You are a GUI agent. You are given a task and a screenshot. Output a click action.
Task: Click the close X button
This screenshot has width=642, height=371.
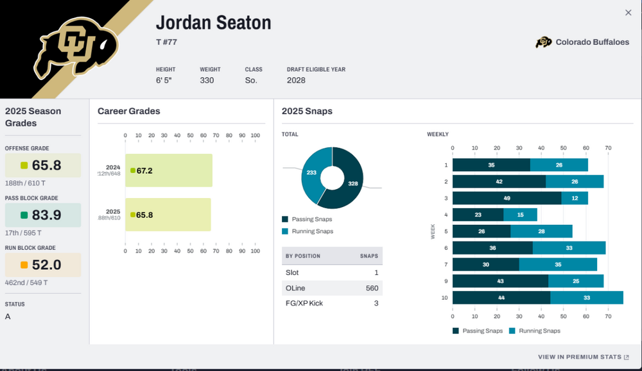click(628, 13)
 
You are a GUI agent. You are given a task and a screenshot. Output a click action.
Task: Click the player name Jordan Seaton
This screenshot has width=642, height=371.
click(213, 23)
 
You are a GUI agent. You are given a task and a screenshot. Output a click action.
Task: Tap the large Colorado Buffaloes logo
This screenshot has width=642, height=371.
click(77, 47)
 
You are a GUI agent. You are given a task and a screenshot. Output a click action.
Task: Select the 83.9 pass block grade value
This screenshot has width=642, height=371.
click(47, 215)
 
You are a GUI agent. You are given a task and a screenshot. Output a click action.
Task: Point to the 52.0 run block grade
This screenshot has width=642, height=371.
click(47, 265)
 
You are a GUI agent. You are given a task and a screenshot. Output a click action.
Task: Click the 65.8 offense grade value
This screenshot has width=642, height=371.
click(47, 165)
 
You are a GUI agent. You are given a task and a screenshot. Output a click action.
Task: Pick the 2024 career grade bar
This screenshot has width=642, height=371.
click(169, 170)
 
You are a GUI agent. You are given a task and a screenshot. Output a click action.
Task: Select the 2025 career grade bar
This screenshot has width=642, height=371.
click(168, 215)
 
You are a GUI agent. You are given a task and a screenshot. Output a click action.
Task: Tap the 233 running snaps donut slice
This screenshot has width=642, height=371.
click(312, 173)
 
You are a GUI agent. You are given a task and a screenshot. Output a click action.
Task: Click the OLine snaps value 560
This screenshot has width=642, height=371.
click(372, 288)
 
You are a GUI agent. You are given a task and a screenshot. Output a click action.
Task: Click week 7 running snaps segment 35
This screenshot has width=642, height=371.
click(558, 265)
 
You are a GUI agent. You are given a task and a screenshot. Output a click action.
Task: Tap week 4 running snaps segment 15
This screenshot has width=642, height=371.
click(520, 215)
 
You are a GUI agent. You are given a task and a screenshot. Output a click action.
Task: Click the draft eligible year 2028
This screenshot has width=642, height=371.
click(296, 81)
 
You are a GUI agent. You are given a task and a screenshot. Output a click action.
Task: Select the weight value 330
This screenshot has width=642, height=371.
click(207, 81)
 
